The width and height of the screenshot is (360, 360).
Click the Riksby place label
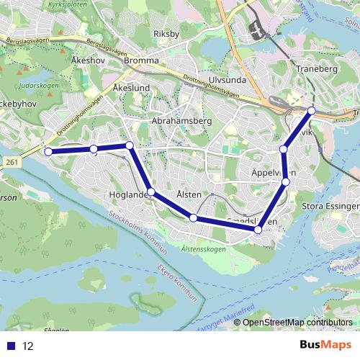[x=166, y=34]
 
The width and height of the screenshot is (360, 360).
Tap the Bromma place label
[x=141, y=61]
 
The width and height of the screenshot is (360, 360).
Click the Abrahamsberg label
[x=181, y=121]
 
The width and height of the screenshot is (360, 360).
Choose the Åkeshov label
[x=89, y=60]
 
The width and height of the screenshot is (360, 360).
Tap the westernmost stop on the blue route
[x=48, y=152]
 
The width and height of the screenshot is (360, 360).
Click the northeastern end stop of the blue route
[x=312, y=110]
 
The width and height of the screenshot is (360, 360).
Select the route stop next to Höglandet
[x=151, y=192]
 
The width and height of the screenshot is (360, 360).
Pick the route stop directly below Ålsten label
[x=194, y=217]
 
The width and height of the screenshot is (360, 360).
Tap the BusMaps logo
[x=325, y=346]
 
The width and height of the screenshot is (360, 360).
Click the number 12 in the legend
[x=27, y=346]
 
